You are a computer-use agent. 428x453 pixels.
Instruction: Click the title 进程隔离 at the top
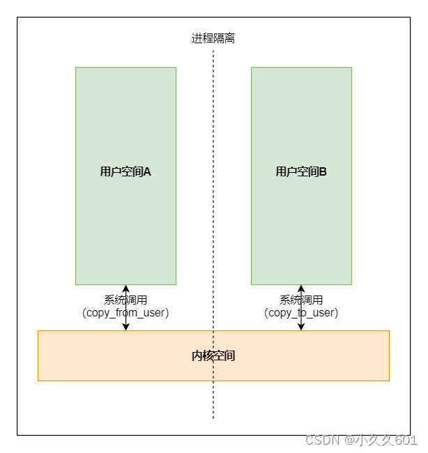tap(213, 38)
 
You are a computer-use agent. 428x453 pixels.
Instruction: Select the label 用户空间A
tap(125, 171)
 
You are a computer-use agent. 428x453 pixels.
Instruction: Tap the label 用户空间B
tap(301, 171)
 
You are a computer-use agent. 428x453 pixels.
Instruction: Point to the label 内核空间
tap(213, 355)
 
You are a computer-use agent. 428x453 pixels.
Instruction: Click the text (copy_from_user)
tap(125, 313)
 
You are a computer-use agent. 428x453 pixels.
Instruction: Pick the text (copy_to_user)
tap(301, 313)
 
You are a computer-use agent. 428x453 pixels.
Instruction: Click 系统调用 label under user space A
tap(125, 300)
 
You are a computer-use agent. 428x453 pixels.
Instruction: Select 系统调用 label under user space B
tap(301, 300)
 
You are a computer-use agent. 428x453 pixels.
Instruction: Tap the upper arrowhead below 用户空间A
tap(125, 289)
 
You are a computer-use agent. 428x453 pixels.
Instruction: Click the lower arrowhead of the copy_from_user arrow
tap(125, 326)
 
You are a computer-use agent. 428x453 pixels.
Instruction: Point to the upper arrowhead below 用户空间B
tap(301, 289)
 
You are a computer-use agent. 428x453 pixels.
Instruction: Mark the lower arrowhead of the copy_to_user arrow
tap(301, 326)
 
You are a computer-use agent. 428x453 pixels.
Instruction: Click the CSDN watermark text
tap(321, 440)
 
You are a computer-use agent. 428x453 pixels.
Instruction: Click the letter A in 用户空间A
tap(147, 171)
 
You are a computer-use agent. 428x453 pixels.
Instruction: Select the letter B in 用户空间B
tap(323, 171)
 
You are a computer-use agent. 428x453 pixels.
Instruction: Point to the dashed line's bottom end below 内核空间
tap(213, 416)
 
